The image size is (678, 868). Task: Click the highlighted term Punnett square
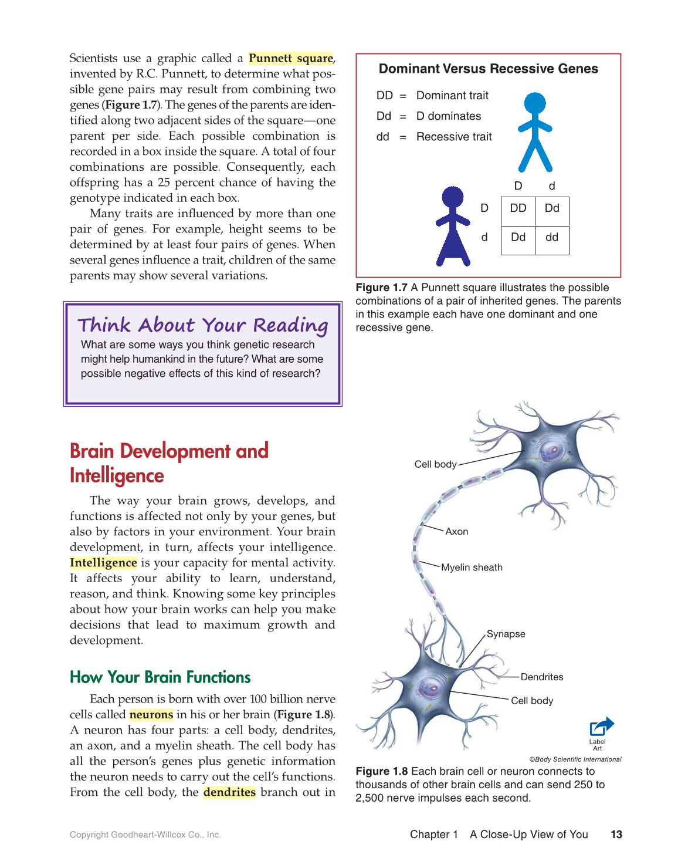[x=291, y=58]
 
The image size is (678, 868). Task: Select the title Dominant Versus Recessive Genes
[x=488, y=69]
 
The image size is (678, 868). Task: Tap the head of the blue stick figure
[x=534, y=103]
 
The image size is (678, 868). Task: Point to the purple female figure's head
[x=452, y=197]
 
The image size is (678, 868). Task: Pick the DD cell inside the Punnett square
[x=518, y=208]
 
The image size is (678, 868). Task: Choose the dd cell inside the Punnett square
[x=552, y=238]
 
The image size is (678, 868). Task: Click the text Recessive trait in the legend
[x=454, y=137]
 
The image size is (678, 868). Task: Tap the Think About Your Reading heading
[x=202, y=325]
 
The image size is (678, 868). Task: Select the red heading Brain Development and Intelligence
[x=169, y=463]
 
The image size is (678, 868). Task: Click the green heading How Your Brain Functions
[x=160, y=677]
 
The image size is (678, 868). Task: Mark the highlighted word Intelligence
[x=103, y=563]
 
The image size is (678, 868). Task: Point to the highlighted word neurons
[x=151, y=715]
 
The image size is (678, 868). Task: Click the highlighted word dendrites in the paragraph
[x=229, y=792]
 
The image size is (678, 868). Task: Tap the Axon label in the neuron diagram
[x=456, y=532]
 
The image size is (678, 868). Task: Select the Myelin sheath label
[x=472, y=568]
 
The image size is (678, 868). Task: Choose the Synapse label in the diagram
[x=506, y=634]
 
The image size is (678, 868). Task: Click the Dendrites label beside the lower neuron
[x=541, y=677]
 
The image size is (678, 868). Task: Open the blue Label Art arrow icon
[x=601, y=727]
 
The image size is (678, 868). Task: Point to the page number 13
[x=616, y=835]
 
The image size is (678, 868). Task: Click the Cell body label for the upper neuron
[x=435, y=464]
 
